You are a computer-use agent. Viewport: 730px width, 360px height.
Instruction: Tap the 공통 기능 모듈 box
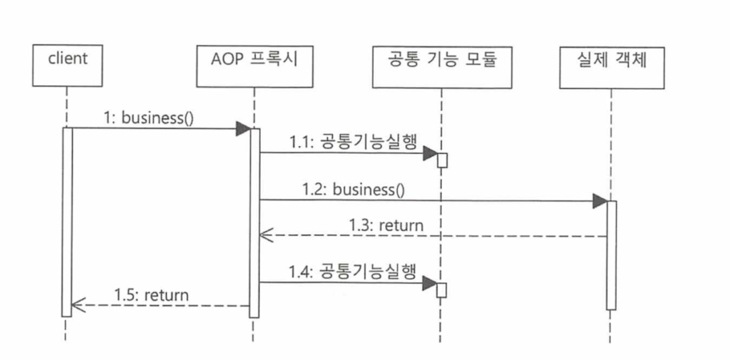(442, 66)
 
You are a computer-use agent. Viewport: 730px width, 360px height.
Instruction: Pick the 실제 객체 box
(612, 66)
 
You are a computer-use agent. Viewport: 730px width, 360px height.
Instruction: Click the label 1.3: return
(386, 226)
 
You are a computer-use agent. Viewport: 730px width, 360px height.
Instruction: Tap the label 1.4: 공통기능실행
(352, 272)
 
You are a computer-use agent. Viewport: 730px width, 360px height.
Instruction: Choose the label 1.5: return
(152, 294)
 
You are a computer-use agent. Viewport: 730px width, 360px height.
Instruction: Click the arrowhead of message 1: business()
(243, 129)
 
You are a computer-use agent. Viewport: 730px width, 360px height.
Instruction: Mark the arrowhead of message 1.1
(430, 153)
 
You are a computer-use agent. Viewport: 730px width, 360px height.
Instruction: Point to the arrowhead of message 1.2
(600, 201)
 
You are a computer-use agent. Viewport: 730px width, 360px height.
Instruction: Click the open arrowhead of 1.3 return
(262, 236)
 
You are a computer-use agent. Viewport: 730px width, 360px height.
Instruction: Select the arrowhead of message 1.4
(430, 283)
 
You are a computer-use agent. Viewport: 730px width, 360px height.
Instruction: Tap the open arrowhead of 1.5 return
(76, 306)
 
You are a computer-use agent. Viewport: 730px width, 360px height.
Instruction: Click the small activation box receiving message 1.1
(442, 160)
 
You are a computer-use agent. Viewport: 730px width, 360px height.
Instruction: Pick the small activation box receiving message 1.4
(442, 290)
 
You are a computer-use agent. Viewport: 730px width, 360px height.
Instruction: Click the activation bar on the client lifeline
(67, 221)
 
